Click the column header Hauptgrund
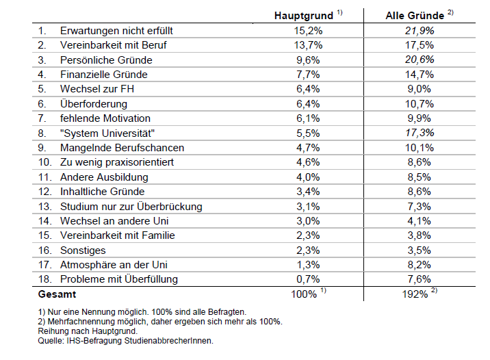pyautogui.click(x=303, y=15)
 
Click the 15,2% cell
pyautogui.click(x=307, y=31)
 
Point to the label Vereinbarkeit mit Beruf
pyautogui.click(x=113, y=45)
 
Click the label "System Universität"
pyautogui.click(x=107, y=133)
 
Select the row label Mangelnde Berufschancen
pyautogui.click(x=122, y=148)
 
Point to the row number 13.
pyautogui.click(x=44, y=207)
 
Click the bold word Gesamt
pyautogui.click(x=57, y=294)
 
